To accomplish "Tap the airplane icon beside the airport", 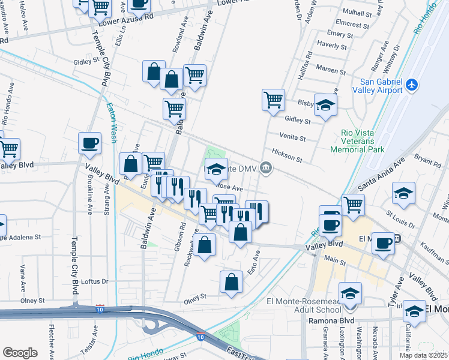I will [x=412, y=85].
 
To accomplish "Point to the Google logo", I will [x=20, y=352].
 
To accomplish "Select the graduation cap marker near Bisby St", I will [x=325, y=105].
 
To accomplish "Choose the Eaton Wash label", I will [x=112, y=122].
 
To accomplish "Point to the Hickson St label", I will [x=287, y=155].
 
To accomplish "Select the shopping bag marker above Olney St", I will [x=231, y=282].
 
